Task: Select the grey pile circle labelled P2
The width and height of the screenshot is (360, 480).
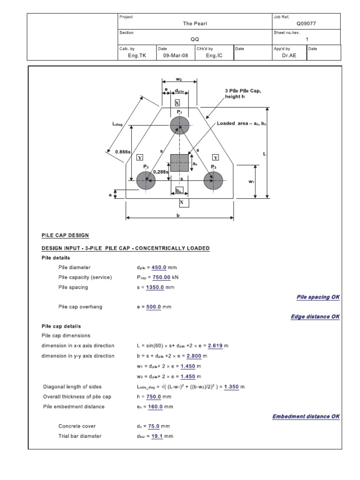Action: point(146,180)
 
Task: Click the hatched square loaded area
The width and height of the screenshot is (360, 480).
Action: point(180,162)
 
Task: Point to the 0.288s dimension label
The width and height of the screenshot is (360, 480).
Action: point(159,172)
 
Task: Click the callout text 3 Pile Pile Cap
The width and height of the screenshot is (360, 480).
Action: point(242,90)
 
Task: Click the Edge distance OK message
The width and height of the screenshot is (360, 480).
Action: point(315,316)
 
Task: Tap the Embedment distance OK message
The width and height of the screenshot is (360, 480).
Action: point(306,416)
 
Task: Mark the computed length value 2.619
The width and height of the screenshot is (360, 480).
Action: point(217,345)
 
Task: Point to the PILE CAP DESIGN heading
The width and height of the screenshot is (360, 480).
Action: point(65,235)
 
